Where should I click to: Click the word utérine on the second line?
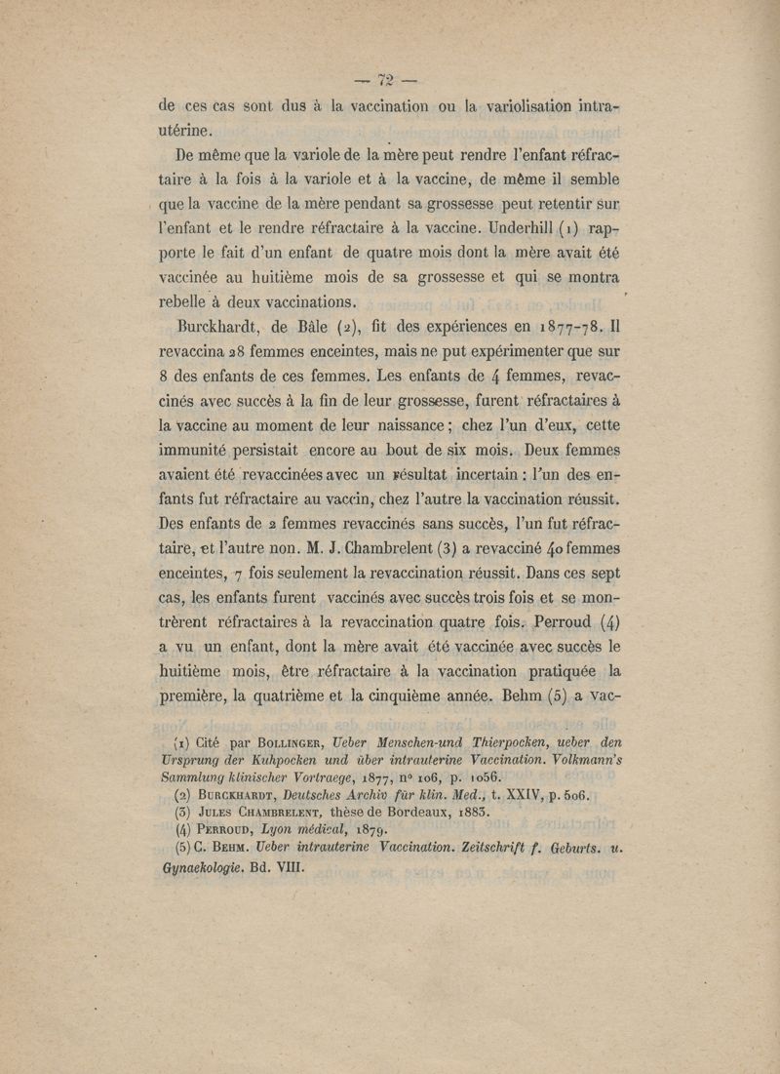tap(190, 129)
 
